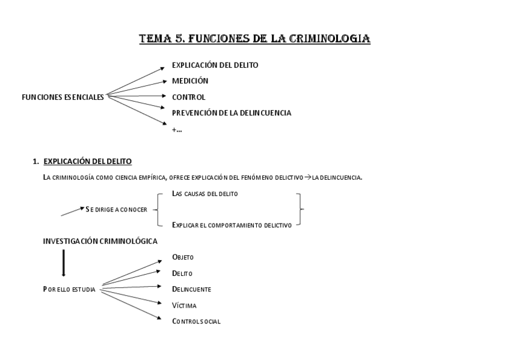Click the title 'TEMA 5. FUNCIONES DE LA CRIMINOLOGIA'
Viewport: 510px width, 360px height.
point(254,39)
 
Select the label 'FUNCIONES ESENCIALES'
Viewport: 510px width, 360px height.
point(63,97)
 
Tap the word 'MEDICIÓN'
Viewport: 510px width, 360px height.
point(190,81)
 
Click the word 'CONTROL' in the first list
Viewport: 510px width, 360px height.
point(188,97)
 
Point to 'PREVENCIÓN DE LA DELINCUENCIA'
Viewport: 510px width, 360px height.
point(232,113)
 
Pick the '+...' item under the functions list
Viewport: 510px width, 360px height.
point(177,129)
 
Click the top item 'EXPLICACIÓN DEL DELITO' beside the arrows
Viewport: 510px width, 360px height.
point(215,65)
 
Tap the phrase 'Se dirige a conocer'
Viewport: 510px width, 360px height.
point(117,210)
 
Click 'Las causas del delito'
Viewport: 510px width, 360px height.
point(204,194)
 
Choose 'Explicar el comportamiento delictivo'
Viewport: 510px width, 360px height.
point(232,225)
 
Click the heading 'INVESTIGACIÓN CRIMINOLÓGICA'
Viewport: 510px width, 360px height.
point(100,241)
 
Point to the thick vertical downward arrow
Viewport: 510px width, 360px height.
point(64,263)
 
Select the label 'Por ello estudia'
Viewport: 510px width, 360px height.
point(69,289)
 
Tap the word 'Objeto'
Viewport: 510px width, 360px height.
point(183,257)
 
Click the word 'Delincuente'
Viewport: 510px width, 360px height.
point(191,289)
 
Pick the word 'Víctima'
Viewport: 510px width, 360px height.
point(184,305)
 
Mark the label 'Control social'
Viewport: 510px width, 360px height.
point(196,322)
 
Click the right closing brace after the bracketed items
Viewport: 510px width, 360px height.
point(300,210)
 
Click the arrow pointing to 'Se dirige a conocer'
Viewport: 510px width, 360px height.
point(73,211)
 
